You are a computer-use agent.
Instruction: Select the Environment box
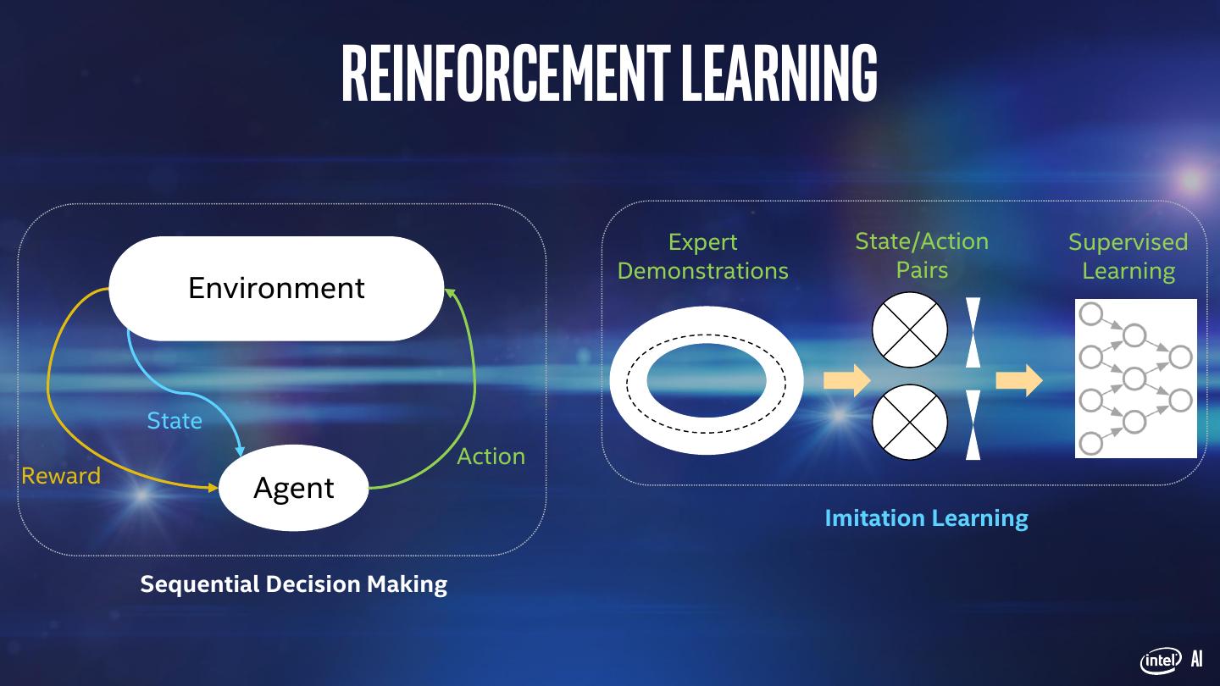[x=276, y=289]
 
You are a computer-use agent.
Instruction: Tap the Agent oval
[x=294, y=488]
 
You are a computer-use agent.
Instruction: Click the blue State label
[x=175, y=421]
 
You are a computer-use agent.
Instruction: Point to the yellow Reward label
[x=61, y=476]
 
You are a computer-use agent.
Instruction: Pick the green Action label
[x=491, y=456]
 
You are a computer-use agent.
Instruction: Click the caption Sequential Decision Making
[x=293, y=584]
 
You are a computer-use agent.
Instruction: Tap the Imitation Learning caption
[x=926, y=517]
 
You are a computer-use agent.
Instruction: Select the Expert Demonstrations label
[x=702, y=256]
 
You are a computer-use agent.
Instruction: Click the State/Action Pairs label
[x=922, y=255]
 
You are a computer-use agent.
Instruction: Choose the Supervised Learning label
[x=1128, y=256]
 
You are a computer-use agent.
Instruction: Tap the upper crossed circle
[x=910, y=329]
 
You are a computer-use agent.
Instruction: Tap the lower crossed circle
[x=910, y=422]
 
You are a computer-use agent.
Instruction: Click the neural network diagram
[x=1135, y=378]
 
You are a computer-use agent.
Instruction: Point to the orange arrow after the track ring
[x=846, y=380]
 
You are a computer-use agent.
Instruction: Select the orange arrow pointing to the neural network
[x=1018, y=380]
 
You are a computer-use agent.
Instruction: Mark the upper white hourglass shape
[x=973, y=332]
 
